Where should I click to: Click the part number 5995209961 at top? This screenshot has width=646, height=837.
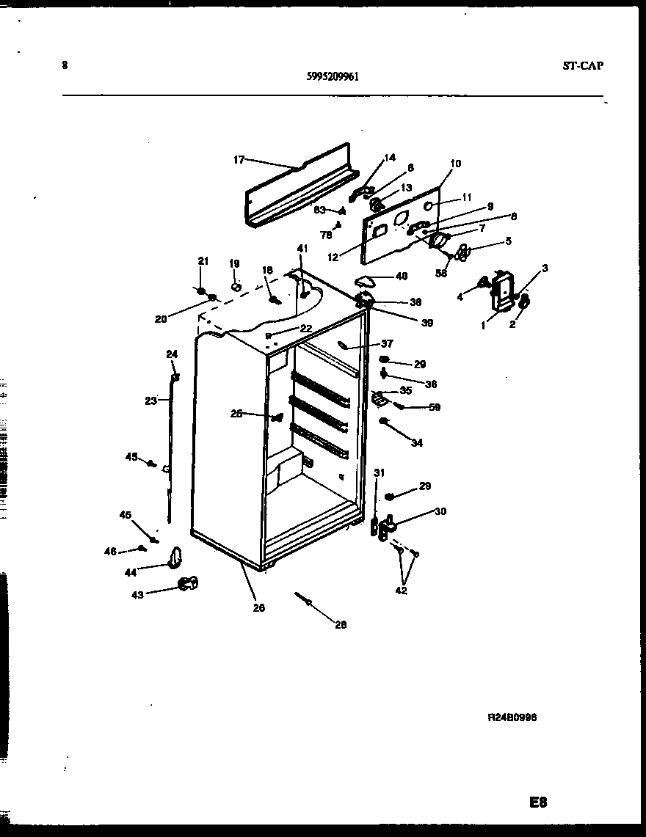pos(332,75)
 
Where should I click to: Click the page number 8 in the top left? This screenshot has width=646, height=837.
pos(65,65)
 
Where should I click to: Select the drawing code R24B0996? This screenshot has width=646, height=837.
pos(512,718)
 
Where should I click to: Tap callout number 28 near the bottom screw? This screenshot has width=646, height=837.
pos(340,625)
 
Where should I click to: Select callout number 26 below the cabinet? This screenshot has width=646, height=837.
pos(259,607)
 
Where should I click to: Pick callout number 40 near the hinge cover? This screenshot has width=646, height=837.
pos(401,276)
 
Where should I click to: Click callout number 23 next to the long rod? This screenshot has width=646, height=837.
pos(150,401)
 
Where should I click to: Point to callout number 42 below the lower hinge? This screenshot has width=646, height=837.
pos(402,591)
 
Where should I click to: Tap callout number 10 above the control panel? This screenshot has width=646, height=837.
pos(455,164)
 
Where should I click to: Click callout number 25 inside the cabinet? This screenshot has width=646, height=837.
pos(236,414)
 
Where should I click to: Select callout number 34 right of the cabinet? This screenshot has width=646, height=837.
pos(417,443)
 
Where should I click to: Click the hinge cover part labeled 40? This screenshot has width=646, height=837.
pos(365,279)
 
